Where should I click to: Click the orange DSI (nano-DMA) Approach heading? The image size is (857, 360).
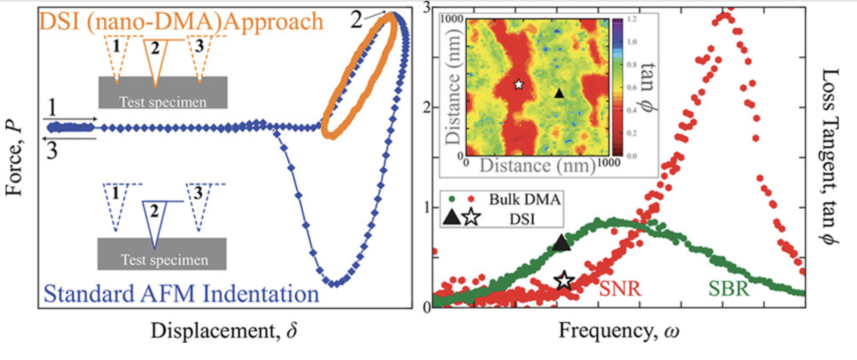click(x=181, y=21)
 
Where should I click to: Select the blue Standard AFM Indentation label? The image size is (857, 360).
click(x=181, y=294)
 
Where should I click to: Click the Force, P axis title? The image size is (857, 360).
click(x=13, y=158)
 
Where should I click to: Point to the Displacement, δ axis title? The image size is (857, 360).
click(x=224, y=331)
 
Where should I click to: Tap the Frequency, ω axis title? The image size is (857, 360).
click(x=619, y=331)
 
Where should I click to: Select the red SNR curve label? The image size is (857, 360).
click(x=620, y=288)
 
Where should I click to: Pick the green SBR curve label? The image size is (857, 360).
click(x=729, y=288)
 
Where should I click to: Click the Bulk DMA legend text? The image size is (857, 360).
click(x=525, y=199)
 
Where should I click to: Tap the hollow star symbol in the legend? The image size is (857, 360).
click(x=471, y=217)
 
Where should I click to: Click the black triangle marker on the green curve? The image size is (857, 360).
click(x=561, y=244)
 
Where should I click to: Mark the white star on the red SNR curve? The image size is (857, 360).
click(x=564, y=281)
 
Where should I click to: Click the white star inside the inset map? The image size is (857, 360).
click(x=519, y=84)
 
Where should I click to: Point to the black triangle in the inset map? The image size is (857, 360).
click(x=559, y=93)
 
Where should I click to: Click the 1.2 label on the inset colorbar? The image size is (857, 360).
click(x=632, y=19)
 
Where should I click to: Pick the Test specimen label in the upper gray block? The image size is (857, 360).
click(x=163, y=102)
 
